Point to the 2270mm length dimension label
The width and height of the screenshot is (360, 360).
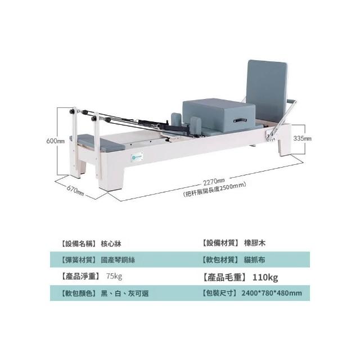(x=214, y=182)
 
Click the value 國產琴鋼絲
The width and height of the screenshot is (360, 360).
(x=118, y=260)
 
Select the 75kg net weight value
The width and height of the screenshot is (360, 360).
(x=114, y=277)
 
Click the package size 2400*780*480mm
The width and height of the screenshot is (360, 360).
(x=272, y=293)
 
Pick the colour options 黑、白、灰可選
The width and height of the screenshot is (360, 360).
(x=124, y=293)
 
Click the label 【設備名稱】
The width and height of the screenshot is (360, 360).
(x=77, y=244)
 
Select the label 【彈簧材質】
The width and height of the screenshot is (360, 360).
(x=77, y=260)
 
